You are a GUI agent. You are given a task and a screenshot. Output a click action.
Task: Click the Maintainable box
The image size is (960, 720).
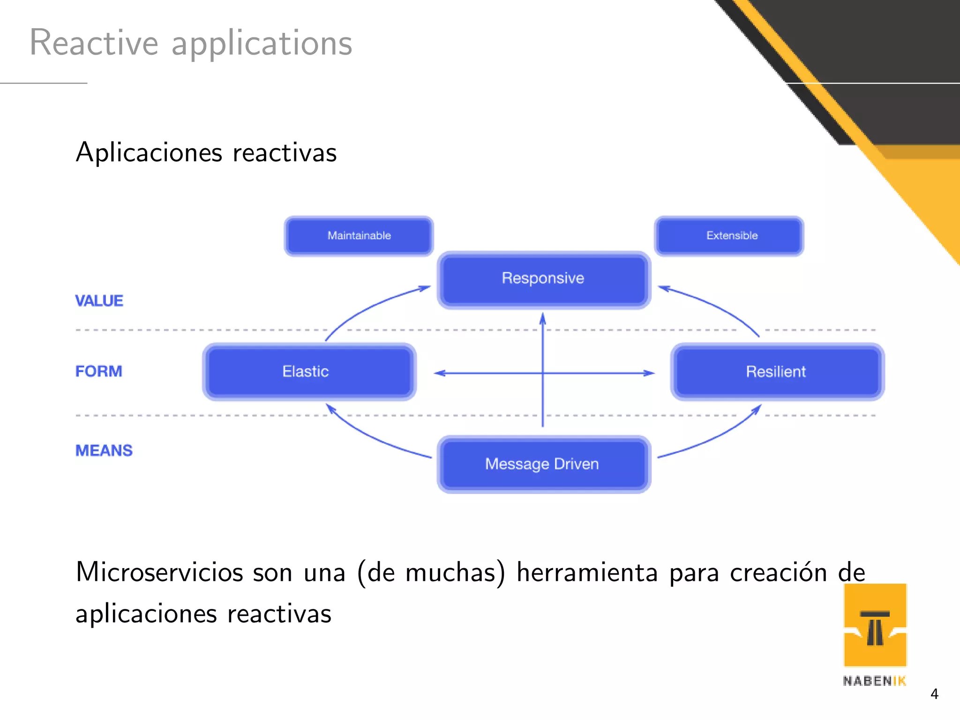[359, 236]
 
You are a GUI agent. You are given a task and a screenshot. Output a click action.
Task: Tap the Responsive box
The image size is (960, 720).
[543, 279]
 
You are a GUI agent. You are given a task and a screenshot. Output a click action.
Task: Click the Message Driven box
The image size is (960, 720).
[543, 464]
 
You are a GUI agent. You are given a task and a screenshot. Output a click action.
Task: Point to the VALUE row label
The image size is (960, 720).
[99, 301]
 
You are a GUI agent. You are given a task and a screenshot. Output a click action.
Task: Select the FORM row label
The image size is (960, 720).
[98, 371]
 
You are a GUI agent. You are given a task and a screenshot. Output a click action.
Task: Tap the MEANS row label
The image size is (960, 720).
[104, 450]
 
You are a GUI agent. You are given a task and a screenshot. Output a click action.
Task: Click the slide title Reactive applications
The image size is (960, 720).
[190, 43]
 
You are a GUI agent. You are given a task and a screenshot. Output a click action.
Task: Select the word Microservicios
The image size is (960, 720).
[159, 572]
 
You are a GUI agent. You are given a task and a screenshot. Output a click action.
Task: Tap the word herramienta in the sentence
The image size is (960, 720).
[587, 572]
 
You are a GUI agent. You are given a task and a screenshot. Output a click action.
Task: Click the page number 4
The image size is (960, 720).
[934, 694]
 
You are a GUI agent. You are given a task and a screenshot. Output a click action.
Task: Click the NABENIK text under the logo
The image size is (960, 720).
[874, 681]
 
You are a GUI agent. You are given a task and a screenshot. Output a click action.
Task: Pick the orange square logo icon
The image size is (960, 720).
[875, 625]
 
